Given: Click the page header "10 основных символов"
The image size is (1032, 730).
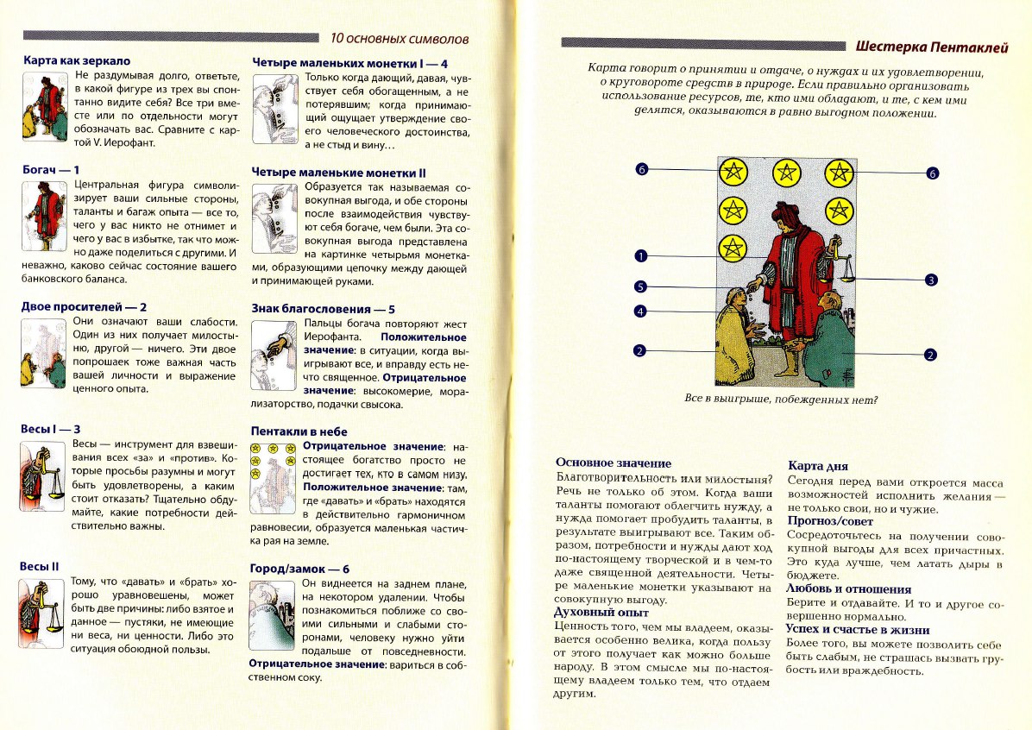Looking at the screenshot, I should [400, 38].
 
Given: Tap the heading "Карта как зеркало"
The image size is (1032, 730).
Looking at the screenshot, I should [76, 61].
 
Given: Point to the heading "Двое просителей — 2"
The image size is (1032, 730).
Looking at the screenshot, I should [84, 306].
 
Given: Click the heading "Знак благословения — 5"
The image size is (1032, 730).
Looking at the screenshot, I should [324, 308].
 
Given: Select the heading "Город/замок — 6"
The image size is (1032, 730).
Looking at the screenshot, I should [299, 569].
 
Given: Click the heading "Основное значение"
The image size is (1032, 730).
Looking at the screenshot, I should [613, 463].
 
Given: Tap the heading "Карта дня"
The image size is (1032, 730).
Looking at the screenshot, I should [813, 466].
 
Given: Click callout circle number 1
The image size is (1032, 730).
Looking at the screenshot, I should [640, 255].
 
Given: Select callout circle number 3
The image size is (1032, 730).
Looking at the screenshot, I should [931, 280].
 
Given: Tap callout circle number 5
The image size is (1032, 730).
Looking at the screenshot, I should [640, 286].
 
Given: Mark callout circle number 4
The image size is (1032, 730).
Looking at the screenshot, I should [640, 311].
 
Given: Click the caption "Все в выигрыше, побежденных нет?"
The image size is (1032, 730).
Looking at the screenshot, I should [781, 400].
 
